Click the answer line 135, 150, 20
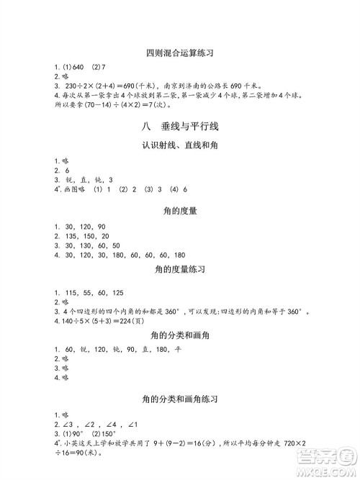(84, 235)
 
